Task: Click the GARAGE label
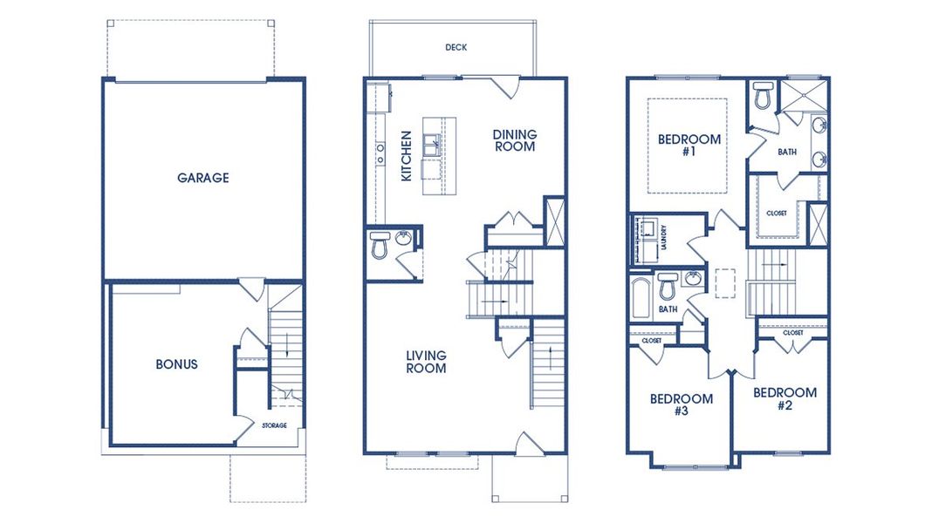tap(202, 178)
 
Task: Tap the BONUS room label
tap(176, 364)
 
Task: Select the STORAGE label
tap(275, 425)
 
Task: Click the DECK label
tap(456, 47)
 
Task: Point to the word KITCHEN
tap(407, 156)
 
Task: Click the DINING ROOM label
tap(515, 140)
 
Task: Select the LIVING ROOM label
tap(426, 362)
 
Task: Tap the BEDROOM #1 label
tap(689, 146)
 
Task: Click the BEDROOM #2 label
tap(785, 399)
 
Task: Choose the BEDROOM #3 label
tap(682, 404)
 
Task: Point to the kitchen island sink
tap(431, 146)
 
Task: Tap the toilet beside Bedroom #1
tap(763, 95)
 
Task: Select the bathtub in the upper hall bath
tap(641, 297)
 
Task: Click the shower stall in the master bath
tap(803, 95)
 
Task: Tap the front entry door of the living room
tap(529, 444)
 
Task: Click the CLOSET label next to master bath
tap(777, 213)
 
